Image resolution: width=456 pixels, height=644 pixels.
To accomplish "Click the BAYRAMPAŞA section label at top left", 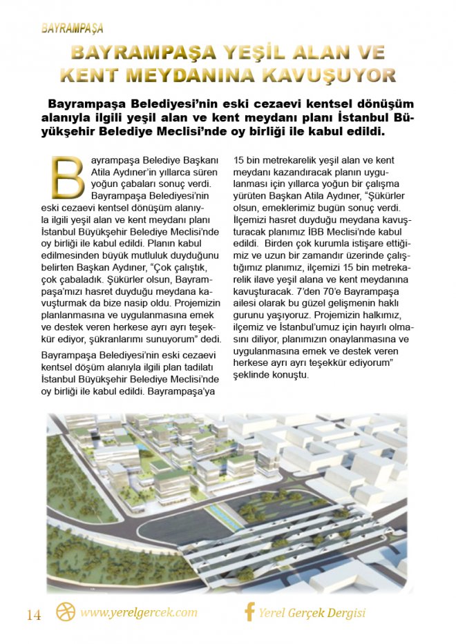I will pos(72,28).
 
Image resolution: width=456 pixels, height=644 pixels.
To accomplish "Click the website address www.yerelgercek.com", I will pos(139,612).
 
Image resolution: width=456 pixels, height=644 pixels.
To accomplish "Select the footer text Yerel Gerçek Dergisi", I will pos(312,613).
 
